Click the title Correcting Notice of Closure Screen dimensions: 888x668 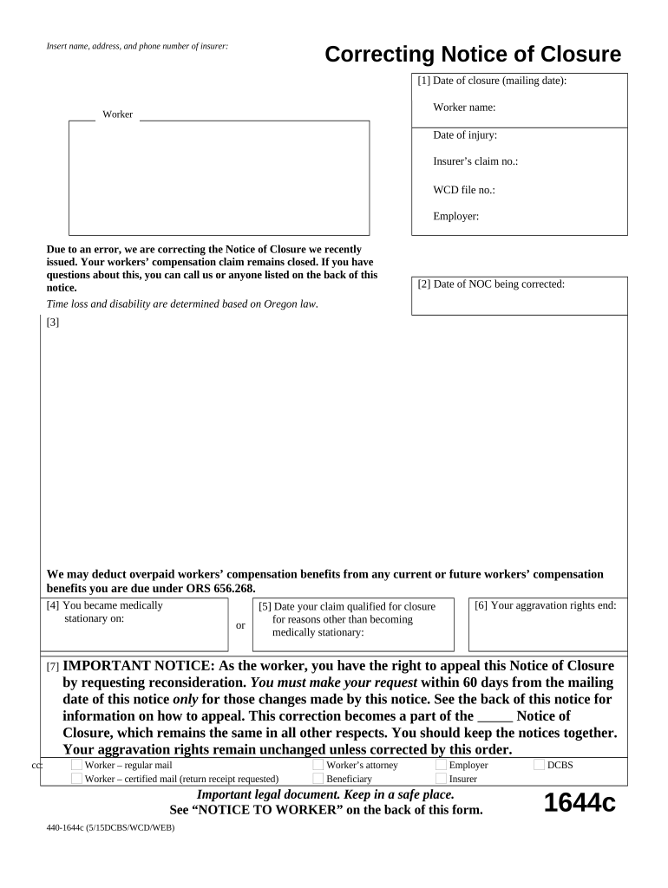click(x=473, y=55)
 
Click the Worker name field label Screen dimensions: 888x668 click(x=464, y=108)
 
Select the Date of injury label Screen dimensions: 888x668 click(x=465, y=135)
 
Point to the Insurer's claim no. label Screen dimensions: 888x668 click(x=475, y=162)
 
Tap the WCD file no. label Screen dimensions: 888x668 click(x=464, y=190)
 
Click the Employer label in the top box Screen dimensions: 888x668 click(x=456, y=217)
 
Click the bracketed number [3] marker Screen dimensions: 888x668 click(x=53, y=323)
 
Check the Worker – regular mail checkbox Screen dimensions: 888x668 click(x=77, y=765)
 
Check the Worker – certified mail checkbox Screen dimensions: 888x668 click(x=77, y=779)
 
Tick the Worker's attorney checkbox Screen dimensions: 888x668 click(x=318, y=765)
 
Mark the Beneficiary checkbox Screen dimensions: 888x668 click(x=318, y=779)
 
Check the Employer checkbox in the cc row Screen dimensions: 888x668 click(x=441, y=765)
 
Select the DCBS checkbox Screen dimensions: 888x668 click(x=540, y=765)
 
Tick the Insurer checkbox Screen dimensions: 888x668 click(x=441, y=779)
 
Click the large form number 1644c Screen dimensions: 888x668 click(x=580, y=803)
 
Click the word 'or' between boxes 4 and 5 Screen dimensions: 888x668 click(x=240, y=625)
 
